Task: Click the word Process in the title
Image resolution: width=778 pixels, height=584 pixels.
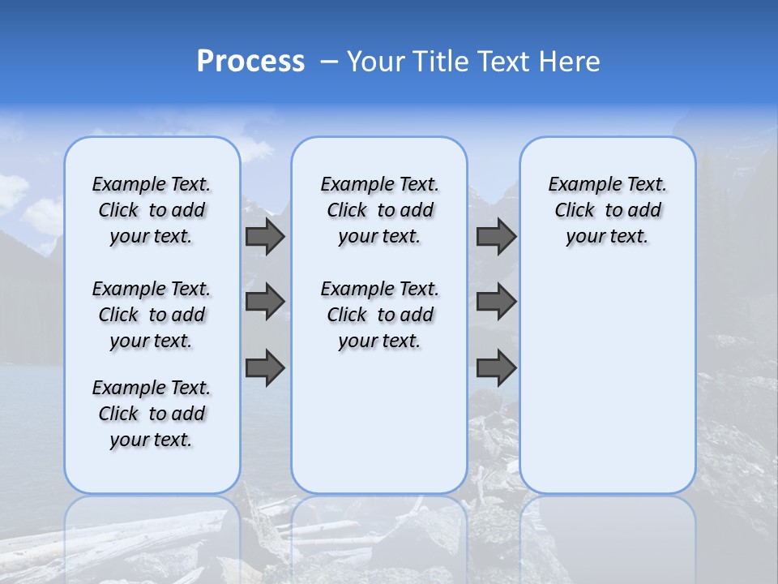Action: pos(250,62)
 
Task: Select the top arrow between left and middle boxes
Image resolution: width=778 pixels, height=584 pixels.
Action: pos(265,236)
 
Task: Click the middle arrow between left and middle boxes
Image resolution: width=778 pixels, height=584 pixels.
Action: pos(265,302)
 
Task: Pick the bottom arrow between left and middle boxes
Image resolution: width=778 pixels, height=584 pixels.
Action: pos(265,368)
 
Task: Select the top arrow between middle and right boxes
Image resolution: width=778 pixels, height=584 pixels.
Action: pos(496,236)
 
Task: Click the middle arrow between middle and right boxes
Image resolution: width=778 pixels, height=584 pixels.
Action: pos(496,302)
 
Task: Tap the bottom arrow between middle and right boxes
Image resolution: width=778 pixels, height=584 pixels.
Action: pos(496,368)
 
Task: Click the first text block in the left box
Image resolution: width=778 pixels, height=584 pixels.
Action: pos(152,210)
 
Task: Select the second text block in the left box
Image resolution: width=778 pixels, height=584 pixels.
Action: pos(152,315)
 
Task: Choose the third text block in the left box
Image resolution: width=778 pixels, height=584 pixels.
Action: pos(152,414)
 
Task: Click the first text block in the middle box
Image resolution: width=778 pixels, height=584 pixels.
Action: pos(379,210)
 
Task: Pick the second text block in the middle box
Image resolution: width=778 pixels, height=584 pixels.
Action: pos(379,315)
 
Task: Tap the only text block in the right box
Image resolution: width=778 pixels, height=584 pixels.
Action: pos(608,210)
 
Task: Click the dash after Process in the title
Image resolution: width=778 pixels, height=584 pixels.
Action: pos(329,62)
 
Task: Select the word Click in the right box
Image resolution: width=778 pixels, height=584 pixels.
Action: pos(575,211)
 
